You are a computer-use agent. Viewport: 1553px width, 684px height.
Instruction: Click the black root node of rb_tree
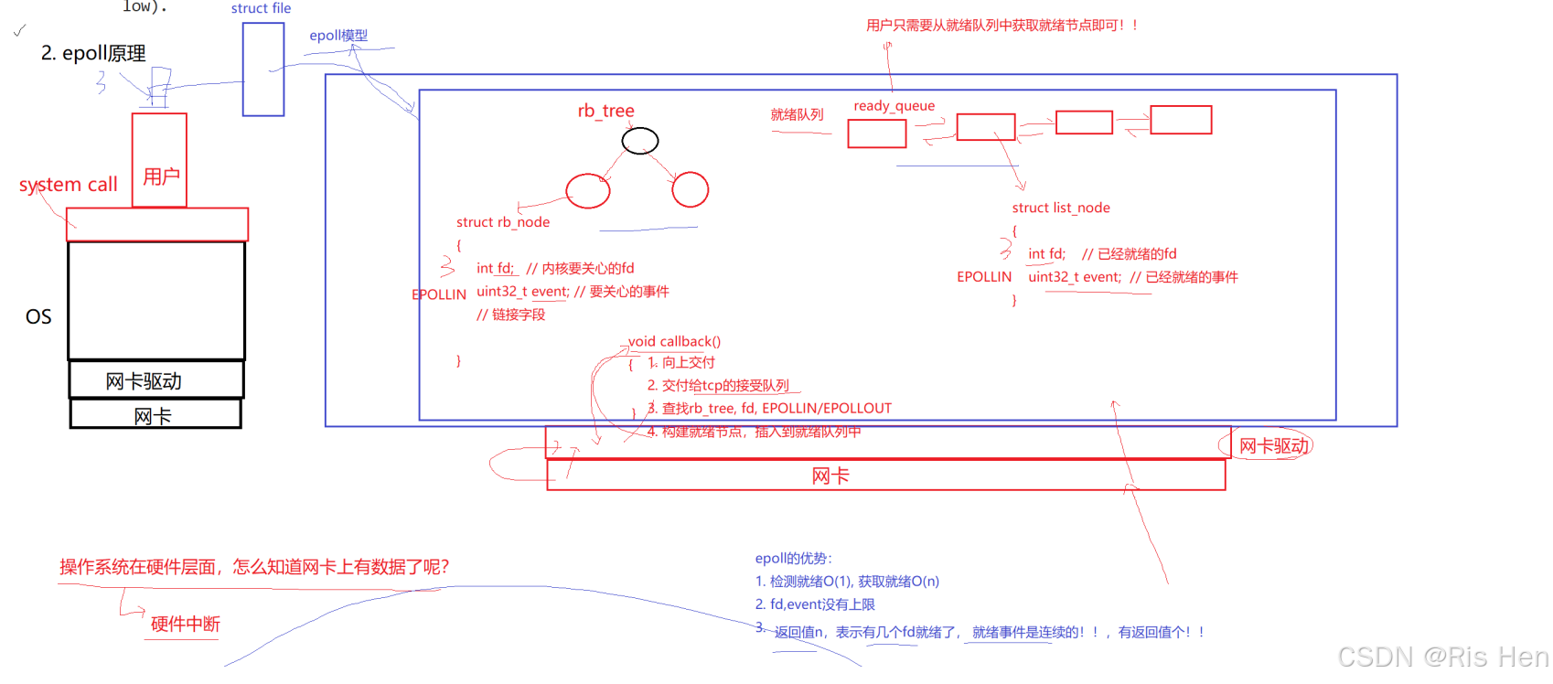(640, 141)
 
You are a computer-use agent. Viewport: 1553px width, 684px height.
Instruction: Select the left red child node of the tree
(587, 190)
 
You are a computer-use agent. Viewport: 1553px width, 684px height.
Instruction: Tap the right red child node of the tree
(690, 189)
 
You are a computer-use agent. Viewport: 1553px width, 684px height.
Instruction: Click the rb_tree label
(605, 111)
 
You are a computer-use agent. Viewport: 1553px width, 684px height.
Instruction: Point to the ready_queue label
(894, 106)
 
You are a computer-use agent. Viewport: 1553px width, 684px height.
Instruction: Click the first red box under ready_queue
(876, 134)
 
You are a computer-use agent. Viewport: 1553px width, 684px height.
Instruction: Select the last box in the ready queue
(1180, 120)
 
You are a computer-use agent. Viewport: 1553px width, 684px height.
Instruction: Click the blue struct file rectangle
(263, 69)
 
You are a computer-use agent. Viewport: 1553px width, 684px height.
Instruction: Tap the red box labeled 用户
(160, 161)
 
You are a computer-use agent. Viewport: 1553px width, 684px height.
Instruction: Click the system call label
(69, 185)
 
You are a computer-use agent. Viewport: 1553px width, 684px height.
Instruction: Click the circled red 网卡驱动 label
(1273, 446)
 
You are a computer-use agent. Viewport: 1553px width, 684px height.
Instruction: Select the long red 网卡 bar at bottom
(885, 476)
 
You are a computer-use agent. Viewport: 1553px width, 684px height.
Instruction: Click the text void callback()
(674, 341)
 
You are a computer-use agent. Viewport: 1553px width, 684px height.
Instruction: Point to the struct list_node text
(1061, 208)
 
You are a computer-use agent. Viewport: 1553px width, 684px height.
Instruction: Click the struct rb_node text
(503, 222)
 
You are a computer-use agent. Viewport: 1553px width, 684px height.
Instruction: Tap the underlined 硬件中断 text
(185, 624)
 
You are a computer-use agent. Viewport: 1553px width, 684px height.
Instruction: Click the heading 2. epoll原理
(93, 53)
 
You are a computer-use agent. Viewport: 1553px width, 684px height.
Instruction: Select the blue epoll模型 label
(338, 36)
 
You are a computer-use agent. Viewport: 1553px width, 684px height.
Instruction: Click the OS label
(38, 316)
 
